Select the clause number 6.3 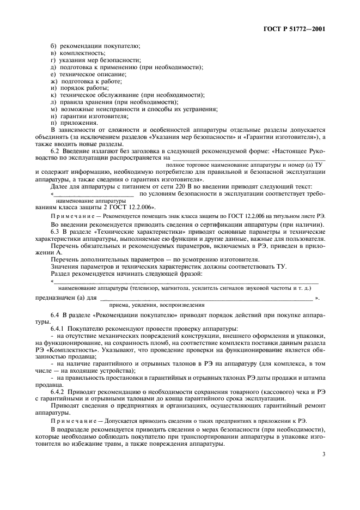click(56, 233)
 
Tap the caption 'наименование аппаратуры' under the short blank click(79, 201)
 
